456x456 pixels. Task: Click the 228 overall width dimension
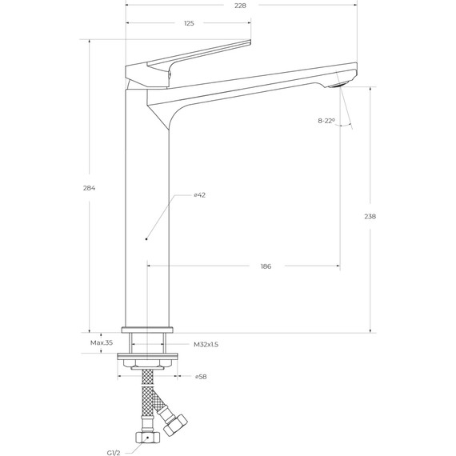click(x=241, y=6)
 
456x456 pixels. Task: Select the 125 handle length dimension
click(x=189, y=23)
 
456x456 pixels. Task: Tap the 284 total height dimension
click(x=89, y=188)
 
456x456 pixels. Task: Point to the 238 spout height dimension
click(x=370, y=216)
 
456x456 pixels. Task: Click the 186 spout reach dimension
click(x=266, y=266)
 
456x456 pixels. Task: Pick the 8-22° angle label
click(x=326, y=121)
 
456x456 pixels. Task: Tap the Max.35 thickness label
click(x=102, y=342)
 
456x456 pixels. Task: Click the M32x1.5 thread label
click(x=206, y=344)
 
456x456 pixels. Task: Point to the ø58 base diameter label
click(x=200, y=376)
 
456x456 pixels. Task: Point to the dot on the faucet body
click(x=146, y=238)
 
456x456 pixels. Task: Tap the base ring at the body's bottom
click(x=147, y=329)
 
